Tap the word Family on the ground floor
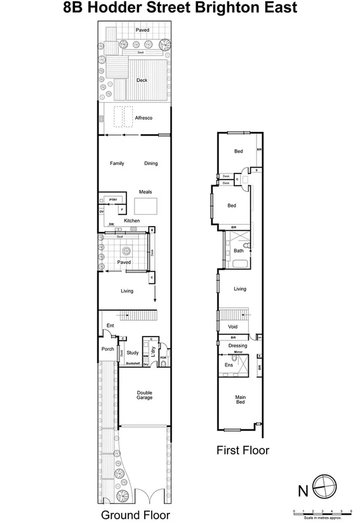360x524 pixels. pos(117,163)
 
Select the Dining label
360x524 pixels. pos(150,163)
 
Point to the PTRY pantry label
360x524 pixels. pos(113,200)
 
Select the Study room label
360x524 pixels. pos(132,353)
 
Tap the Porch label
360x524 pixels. pos(107,349)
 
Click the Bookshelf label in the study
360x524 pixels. pos(132,363)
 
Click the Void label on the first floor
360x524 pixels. pos(232,326)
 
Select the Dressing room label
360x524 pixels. pos(237,345)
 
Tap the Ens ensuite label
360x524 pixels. pos(229,365)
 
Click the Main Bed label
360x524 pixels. pos(241,400)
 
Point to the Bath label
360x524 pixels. pos(239,250)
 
